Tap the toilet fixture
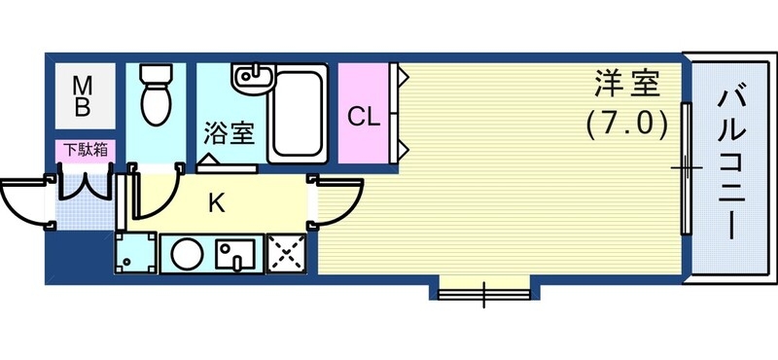pos(156,95)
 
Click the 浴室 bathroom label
pos(230,133)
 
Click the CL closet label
pos(364,117)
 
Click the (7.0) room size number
pos(627,125)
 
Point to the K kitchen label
pos(217,203)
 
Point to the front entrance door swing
pos(24,199)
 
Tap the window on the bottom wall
pos(483,289)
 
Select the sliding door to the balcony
pos(686,168)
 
